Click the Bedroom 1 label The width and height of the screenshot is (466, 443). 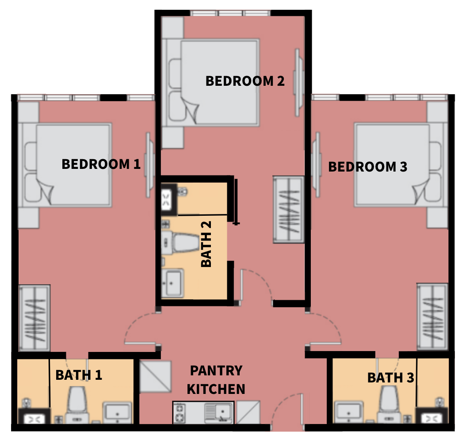pos(101,164)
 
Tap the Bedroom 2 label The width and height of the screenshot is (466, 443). pos(245,81)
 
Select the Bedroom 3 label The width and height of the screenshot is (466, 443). pos(367,167)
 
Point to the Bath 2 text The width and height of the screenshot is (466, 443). pos(206,244)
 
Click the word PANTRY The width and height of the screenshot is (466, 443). pos(216,370)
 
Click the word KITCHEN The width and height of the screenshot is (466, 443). pos(216,389)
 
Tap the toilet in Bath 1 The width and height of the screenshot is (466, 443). pos(77,405)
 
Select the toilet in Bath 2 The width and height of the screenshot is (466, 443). pos(181,244)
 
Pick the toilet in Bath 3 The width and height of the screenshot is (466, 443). pos(389,404)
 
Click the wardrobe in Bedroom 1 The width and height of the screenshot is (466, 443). pos(34,317)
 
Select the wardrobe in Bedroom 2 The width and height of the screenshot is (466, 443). pos(289,210)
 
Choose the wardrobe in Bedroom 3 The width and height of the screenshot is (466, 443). pos(432,317)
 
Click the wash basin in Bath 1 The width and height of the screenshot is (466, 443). pos(118,412)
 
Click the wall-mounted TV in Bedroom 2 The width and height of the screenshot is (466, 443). pos(298,83)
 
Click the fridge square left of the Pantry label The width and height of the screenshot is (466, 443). pos(156,376)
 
